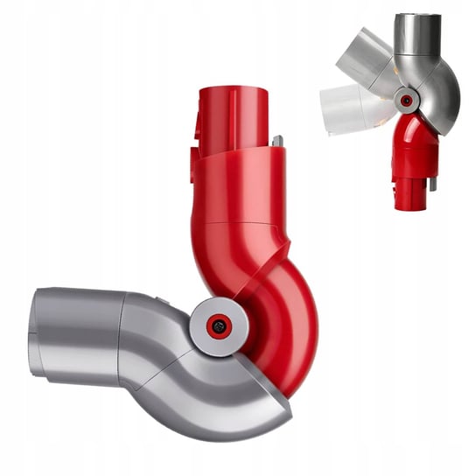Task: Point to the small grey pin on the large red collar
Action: click(276, 142)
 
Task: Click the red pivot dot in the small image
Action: click(406, 100)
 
